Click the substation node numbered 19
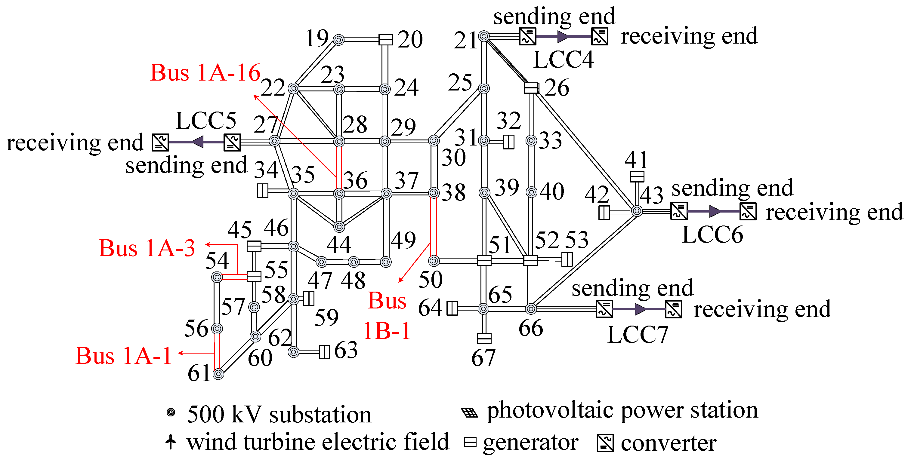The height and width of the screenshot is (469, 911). [x=338, y=40]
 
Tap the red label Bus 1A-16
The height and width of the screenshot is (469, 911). [x=205, y=73]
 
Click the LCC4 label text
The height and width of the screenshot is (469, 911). [x=564, y=59]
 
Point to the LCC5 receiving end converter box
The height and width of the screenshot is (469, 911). [x=160, y=143]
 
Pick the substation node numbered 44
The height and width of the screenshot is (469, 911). [x=339, y=227]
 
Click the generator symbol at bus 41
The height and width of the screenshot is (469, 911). [x=637, y=176]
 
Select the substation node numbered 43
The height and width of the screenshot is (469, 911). [x=637, y=211]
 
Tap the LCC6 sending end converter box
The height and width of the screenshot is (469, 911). [x=679, y=211]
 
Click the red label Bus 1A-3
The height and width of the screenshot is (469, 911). [x=147, y=248]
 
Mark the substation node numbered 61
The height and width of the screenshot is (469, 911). [x=218, y=374]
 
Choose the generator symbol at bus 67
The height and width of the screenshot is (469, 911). [x=484, y=339]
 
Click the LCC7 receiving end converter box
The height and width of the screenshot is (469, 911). [x=673, y=309]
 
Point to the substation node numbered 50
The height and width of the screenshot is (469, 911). [x=434, y=261]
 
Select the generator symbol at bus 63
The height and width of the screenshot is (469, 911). [x=324, y=352]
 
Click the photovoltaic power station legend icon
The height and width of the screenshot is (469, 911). [x=470, y=412]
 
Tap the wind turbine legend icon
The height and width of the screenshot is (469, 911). [x=171, y=441]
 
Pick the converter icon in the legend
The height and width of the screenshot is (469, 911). [x=605, y=443]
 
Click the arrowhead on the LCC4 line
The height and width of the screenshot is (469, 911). [x=563, y=36]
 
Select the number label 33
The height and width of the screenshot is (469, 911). [x=550, y=141]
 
